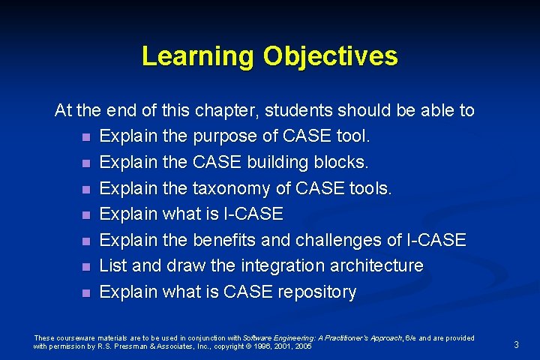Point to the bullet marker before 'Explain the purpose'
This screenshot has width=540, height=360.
[x=87, y=138]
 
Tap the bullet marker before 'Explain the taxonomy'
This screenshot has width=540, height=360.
[x=87, y=190]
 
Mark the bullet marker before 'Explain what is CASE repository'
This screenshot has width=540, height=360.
[x=87, y=292]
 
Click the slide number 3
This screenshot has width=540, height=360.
[x=516, y=344]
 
